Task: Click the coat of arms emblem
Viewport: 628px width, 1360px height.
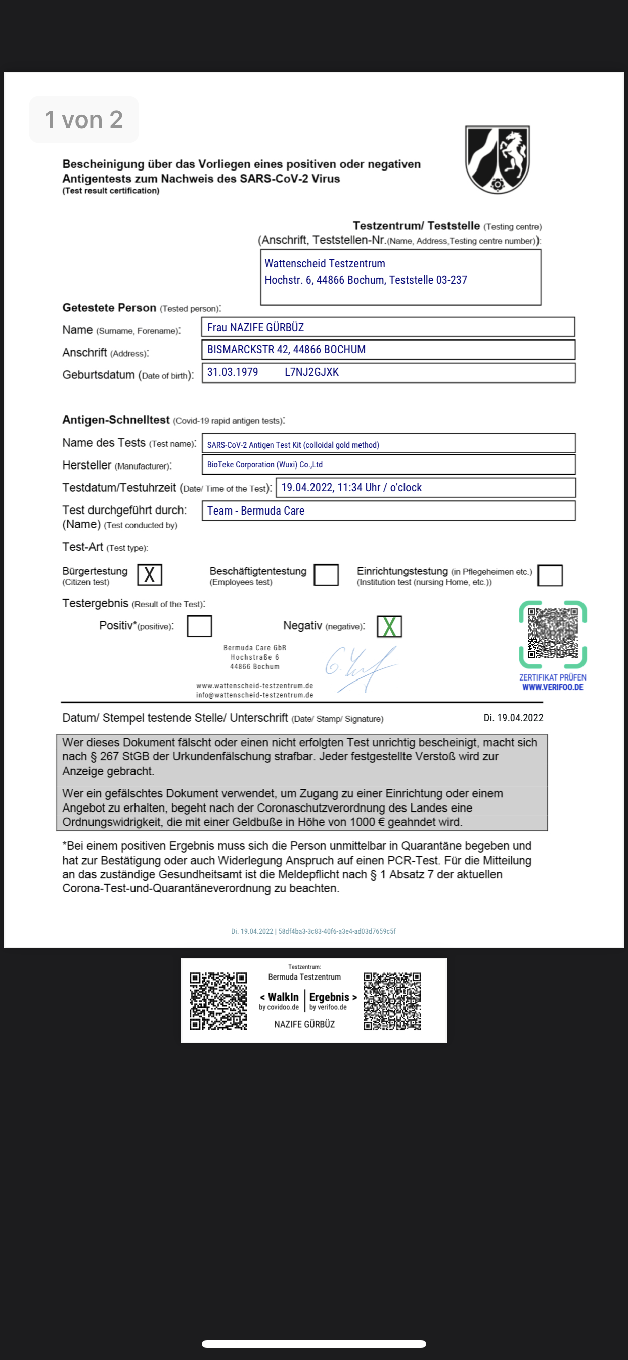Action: click(x=497, y=159)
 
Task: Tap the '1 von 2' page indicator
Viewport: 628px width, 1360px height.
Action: click(x=84, y=120)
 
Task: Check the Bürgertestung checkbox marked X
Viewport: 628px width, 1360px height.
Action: click(x=149, y=574)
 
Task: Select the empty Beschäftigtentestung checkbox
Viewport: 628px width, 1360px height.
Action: click(x=326, y=574)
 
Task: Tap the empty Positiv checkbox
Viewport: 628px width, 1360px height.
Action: click(x=200, y=626)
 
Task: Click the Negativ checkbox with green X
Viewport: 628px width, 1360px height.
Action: click(x=389, y=627)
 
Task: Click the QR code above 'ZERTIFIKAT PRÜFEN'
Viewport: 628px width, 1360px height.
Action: click(x=553, y=633)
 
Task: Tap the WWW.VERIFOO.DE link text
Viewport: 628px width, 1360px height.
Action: click(x=553, y=687)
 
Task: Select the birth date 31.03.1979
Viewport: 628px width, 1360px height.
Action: click(x=233, y=372)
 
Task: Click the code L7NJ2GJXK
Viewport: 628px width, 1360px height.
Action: click(x=311, y=372)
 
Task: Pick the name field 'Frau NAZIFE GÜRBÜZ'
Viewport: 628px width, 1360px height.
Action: click(x=255, y=327)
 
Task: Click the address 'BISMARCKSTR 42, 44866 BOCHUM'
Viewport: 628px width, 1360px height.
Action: click(x=286, y=350)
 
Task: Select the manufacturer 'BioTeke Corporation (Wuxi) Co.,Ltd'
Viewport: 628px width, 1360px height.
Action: click(x=264, y=464)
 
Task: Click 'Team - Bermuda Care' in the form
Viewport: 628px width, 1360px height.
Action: click(x=255, y=511)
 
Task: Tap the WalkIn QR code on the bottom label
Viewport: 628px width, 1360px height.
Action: click(x=218, y=1000)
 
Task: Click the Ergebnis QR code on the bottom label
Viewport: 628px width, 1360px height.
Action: click(x=392, y=1001)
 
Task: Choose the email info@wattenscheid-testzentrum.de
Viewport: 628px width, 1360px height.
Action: click(x=254, y=695)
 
